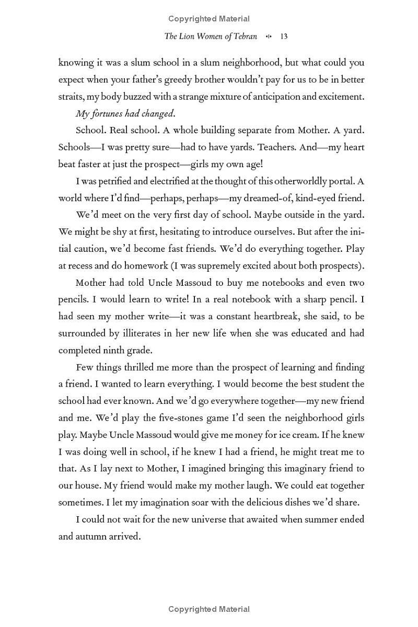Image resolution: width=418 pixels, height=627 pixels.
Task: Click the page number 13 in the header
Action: (284, 37)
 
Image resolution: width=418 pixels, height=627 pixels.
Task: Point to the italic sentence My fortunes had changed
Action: (118, 113)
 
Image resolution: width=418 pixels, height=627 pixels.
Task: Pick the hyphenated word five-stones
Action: (170, 418)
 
